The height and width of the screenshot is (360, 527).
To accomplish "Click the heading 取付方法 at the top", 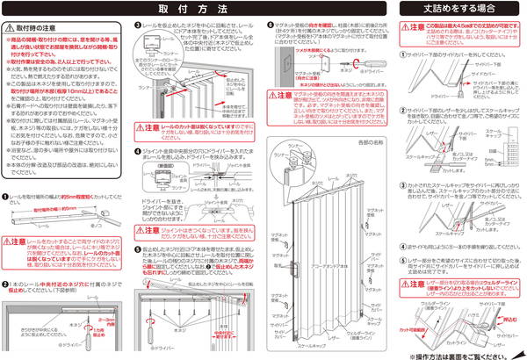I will pyautogui.click(x=204, y=8).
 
